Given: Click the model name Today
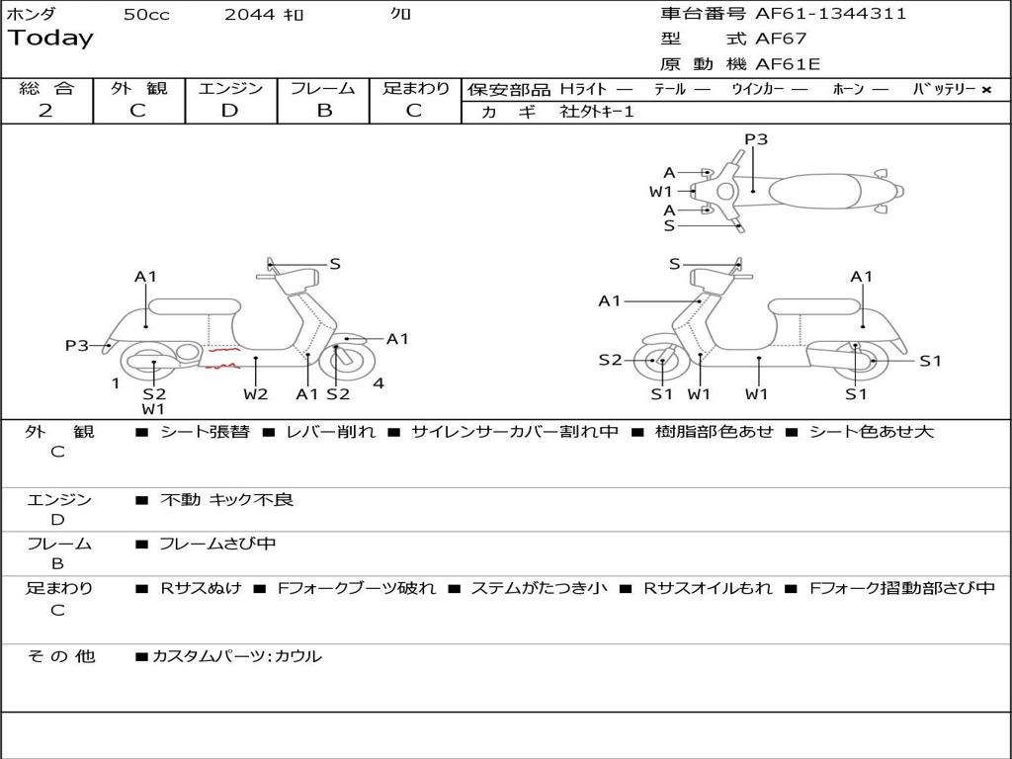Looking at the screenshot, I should pyautogui.click(x=50, y=39).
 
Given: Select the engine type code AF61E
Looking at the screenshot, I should pyautogui.click(x=788, y=65).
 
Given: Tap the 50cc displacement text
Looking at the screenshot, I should pyautogui.click(x=146, y=15).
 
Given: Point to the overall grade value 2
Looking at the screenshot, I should pyautogui.click(x=45, y=111).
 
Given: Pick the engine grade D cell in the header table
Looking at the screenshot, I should pyautogui.click(x=229, y=111).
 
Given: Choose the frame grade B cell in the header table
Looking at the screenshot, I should pyautogui.click(x=323, y=111).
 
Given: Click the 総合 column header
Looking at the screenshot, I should pyautogui.click(x=45, y=88).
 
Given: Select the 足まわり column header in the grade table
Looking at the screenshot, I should pyautogui.click(x=415, y=88).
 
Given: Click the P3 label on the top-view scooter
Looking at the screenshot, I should pyautogui.click(x=756, y=139).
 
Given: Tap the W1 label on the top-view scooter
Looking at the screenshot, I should pyautogui.click(x=660, y=191).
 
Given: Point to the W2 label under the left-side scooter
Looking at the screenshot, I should pyautogui.click(x=256, y=394).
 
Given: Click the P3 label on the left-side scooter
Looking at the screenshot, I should pyautogui.click(x=77, y=345).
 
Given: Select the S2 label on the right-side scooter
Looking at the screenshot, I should pyautogui.click(x=610, y=361).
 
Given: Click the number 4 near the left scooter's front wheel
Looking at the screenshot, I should pyautogui.click(x=379, y=383).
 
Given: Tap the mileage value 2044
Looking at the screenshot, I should pyautogui.click(x=249, y=15).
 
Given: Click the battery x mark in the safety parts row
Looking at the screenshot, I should pyautogui.click(x=986, y=89).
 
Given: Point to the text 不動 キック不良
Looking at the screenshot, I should pyautogui.click(x=226, y=500).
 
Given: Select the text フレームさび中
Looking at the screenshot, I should pyautogui.click(x=217, y=544).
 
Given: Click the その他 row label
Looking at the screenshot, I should pyautogui.click(x=60, y=656).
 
